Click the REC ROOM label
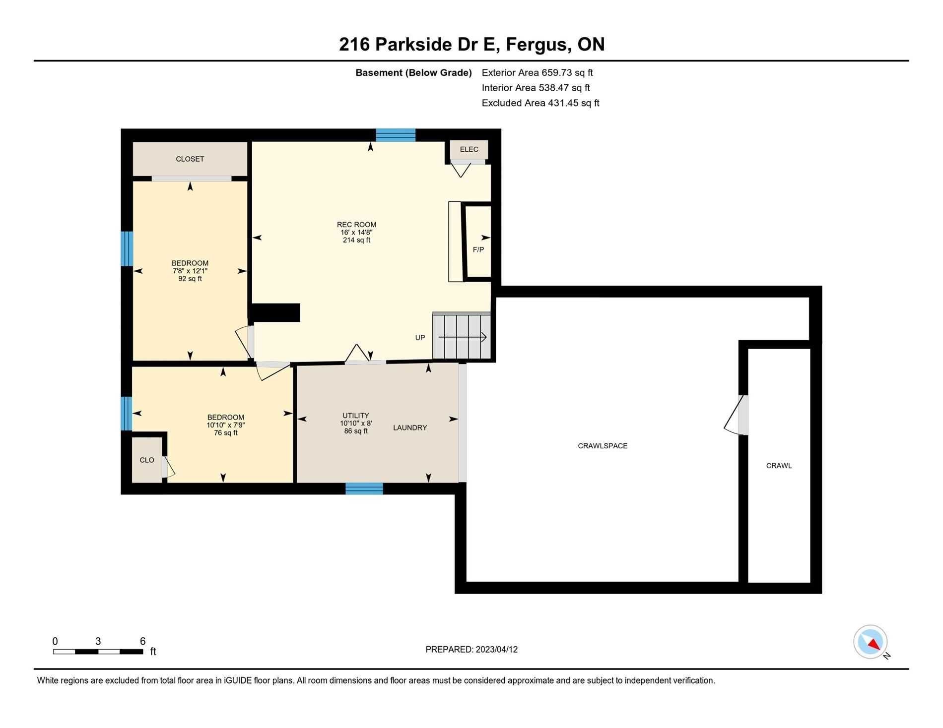(356, 225)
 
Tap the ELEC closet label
(469, 149)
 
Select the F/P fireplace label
(478, 249)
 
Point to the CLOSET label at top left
(190, 159)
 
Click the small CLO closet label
(147, 460)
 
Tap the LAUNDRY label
(410, 427)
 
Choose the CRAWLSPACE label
(603, 446)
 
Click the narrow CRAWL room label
(779, 466)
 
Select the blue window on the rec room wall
(396, 135)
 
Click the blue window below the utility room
(364, 488)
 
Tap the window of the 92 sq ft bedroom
(127, 248)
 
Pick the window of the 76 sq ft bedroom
(127, 413)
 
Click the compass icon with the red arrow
(871, 642)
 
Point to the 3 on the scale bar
(98, 641)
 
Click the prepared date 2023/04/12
(496, 649)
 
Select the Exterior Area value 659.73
(557, 72)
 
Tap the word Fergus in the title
(537, 44)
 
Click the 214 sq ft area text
(356, 240)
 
